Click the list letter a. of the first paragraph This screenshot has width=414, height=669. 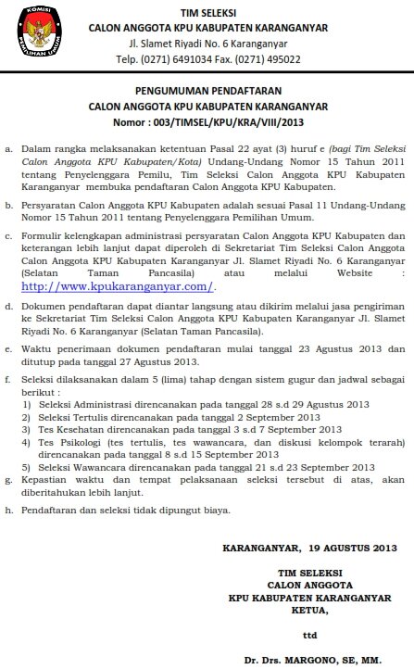pyautogui.click(x=8, y=146)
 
